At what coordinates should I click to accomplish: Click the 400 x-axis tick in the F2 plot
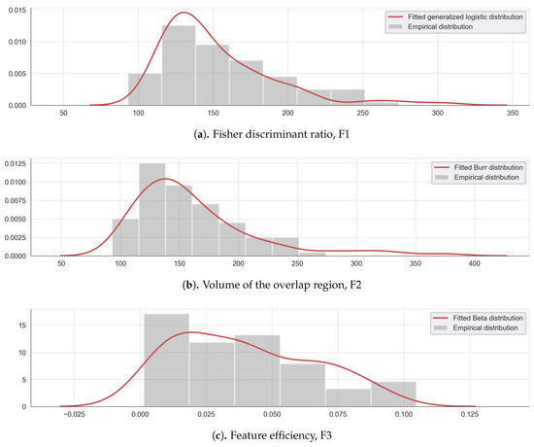474,264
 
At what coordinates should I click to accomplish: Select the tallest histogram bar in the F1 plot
179,65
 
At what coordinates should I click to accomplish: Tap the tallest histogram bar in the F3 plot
166,359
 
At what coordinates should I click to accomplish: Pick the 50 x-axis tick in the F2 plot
61,264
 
